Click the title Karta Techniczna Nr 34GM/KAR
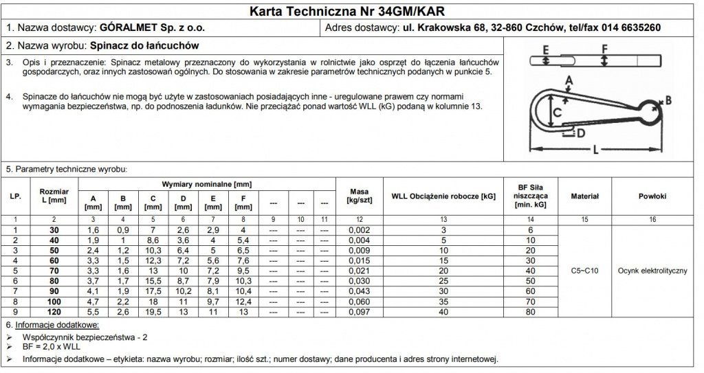coord(351,11)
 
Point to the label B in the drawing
coord(668,100)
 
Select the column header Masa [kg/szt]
coord(360,196)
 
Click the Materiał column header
coord(585,196)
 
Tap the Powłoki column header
coord(652,196)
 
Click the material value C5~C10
coord(585,271)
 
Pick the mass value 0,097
coord(360,312)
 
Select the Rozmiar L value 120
coord(54,312)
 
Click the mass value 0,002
coord(360,229)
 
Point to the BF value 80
coord(529,312)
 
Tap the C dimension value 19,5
coord(153,312)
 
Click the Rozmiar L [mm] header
coord(54,195)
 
